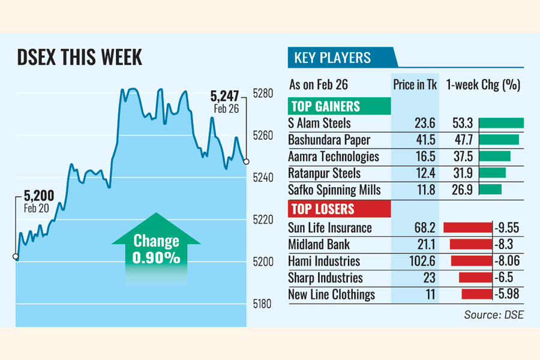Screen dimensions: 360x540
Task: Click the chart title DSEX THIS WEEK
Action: [80, 58]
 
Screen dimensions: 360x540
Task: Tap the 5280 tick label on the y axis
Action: [263, 94]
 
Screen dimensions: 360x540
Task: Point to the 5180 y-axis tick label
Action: [263, 304]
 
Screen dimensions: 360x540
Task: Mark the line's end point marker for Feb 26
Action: [246, 161]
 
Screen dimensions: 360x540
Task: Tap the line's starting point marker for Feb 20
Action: [16, 257]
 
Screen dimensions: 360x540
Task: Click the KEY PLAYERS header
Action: [332, 58]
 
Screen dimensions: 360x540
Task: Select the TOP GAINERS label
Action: [326, 107]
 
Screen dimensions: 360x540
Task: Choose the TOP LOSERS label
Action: [323, 209]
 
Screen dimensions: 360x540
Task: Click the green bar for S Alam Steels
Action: [502, 124]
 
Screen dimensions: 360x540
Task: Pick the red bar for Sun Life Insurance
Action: [467, 228]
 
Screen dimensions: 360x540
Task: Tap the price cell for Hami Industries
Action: [415, 262]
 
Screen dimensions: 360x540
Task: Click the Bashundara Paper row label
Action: [329, 140]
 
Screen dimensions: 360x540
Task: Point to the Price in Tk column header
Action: [415, 85]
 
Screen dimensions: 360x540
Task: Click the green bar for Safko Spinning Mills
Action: [490, 190]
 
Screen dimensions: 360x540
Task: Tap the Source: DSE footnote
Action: [494, 314]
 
